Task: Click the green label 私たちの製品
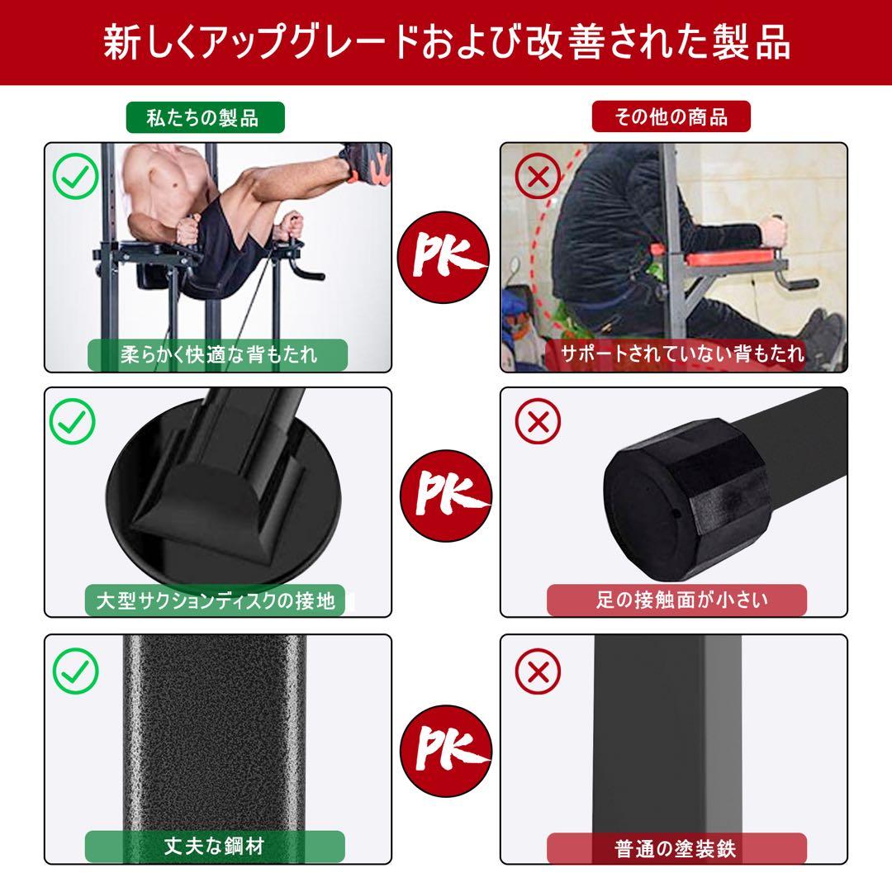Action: [x=203, y=117]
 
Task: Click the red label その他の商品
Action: [x=671, y=117]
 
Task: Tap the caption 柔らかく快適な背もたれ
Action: [x=216, y=354]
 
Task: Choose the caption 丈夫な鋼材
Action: [x=214, y=846]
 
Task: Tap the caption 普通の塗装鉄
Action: [x=676, y=847]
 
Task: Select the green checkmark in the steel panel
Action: [x=75, y=670]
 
